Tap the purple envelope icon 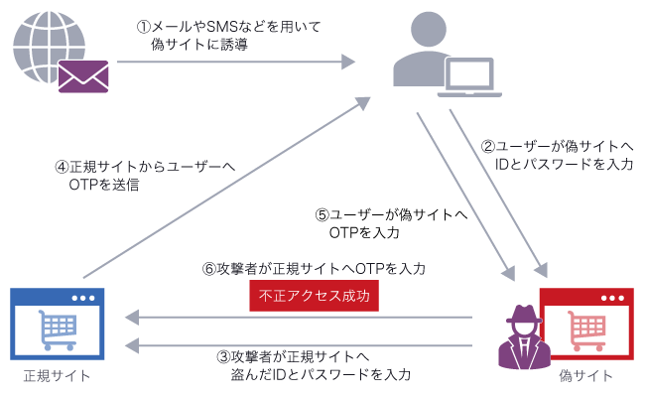coord(84,74)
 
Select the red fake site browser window coord(585,325)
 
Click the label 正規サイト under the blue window coord(58,375)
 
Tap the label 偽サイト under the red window coord(585,377)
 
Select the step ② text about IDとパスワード coord(557,155)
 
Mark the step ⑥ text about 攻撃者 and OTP coord(314,269)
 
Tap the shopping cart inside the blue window coord(57,330)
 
